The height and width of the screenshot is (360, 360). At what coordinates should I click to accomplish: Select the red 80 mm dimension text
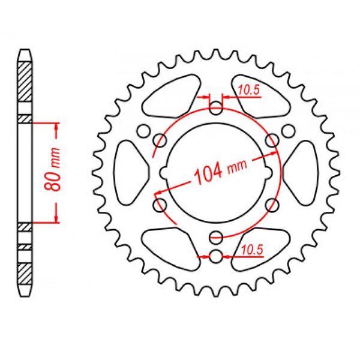(x=53, y=172)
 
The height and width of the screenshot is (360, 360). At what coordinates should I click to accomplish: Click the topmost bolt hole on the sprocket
(x=216, y=109)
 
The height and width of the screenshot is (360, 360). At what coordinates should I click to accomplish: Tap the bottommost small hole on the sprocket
(x=216, y=257)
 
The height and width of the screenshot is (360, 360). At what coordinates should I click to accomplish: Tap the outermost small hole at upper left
(x=143, y=130)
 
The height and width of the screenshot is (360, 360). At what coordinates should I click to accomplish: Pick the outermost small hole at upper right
(x=289, y=130)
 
